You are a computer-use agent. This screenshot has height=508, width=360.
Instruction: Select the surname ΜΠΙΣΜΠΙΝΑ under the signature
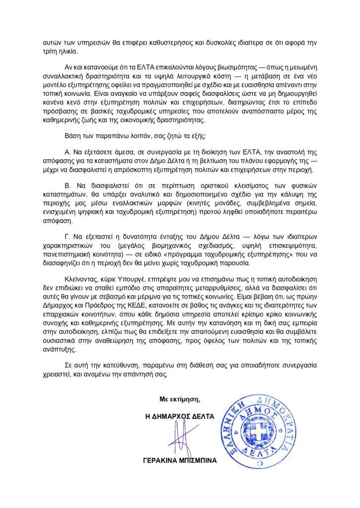pos(197,460)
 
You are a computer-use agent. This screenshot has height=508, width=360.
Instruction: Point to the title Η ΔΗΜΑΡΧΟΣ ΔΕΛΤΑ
pos(179,417)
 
